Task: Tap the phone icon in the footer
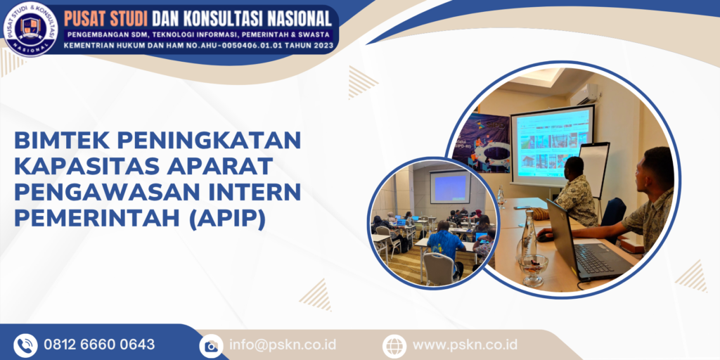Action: [25, 345]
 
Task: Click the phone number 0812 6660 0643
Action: [99, 345]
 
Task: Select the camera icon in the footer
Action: [210, 345]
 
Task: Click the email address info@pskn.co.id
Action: [283, 345]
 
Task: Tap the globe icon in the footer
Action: [394, 345]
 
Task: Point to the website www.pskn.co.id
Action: [465, 345]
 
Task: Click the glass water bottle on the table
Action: [528, 236]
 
